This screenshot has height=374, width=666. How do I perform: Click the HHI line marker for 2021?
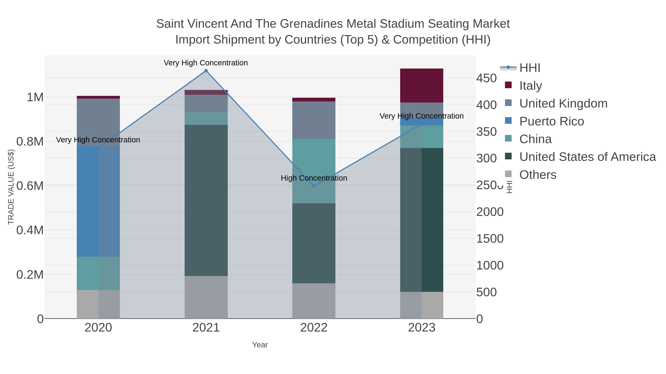pos(206,71)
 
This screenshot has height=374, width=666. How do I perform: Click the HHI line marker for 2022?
pos(314,186)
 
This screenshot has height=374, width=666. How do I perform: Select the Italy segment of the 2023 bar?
pos(422,86)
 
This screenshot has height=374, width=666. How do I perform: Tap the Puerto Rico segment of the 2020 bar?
pos(98,201)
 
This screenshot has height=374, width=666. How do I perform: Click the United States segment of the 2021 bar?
pos(206,200)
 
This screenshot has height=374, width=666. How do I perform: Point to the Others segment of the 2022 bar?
pos(314,301)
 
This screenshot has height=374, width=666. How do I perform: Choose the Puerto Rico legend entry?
pos(551,121)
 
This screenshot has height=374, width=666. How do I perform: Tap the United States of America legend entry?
pos(587,157)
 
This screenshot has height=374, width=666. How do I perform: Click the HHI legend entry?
pos(529,68)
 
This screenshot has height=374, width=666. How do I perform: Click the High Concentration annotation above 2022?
pos(314,178)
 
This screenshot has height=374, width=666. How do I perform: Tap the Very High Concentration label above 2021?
pos(206,63)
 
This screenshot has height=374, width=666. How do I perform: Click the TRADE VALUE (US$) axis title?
pos(11,187)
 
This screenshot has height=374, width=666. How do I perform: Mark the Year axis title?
pos(260,345)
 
